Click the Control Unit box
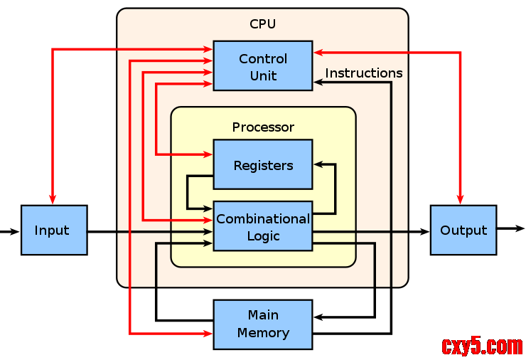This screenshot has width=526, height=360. pos(263,65)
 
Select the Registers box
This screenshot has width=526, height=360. pos(263,164)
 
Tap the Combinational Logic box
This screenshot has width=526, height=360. pos(263,226)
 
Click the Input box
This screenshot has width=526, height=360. pos(54,231)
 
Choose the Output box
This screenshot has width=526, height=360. pos(463,231)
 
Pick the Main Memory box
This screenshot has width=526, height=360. pos(263,324)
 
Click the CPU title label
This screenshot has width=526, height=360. pos(262,24)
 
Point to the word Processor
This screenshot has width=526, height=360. pos(263,127)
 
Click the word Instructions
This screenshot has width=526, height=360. pos(363,73)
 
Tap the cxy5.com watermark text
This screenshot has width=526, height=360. pos(482,346)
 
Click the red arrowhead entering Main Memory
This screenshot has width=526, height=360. pos(209,333)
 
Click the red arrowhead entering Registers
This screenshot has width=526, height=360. pos(209,154)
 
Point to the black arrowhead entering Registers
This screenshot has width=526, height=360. pos(317,164)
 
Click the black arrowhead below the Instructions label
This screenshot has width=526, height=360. pos(318,83)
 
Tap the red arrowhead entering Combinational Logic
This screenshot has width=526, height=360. pos(209,220)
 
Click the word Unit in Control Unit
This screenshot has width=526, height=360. pos(263,75)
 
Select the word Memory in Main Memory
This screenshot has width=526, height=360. pos(263,333)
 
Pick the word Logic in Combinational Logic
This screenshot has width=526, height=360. pos(263,236)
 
